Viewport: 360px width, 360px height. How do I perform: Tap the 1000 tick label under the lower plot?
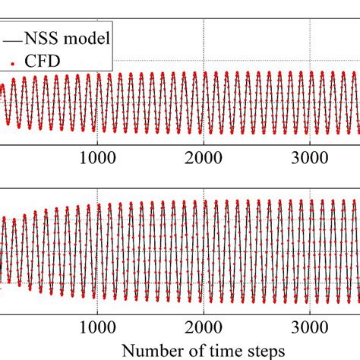(x=96, y=331)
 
